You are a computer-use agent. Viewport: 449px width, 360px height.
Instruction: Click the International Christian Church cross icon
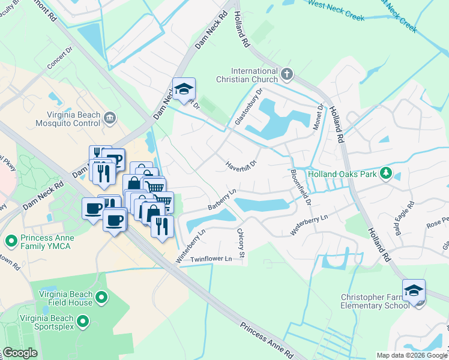pos(287,74)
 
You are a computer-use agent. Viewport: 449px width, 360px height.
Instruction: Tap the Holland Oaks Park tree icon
pos(387,174)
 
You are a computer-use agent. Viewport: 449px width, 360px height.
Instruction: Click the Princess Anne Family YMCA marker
pos(10,241)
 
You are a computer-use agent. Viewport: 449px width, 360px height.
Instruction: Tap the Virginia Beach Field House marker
pos(101,297)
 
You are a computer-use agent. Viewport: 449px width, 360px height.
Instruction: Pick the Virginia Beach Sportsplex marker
pos(84,323)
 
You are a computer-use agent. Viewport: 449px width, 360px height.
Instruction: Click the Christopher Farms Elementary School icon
pos(414,292)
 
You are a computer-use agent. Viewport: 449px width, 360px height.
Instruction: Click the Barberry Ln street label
pos(222,199)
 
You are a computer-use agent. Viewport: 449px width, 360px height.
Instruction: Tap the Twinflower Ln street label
pos(211,259)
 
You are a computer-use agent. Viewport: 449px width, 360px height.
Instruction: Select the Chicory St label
pos(241,243)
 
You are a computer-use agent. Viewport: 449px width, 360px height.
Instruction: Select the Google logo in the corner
pos(19,352)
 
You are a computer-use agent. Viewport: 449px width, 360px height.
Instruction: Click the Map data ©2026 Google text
pos(412,355)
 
